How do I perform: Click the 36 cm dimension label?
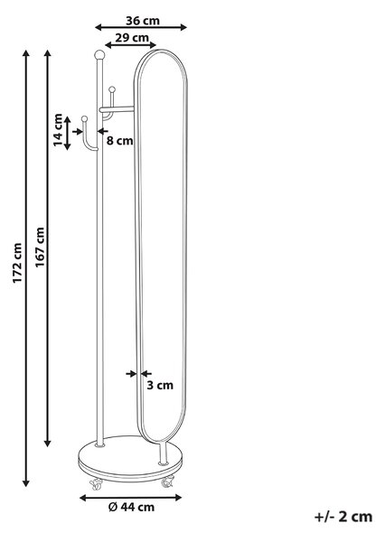143,21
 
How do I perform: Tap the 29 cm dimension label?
132,37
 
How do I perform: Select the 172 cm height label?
17,263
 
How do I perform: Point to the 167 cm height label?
40,247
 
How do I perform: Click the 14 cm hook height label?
58,130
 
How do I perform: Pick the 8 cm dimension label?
119,141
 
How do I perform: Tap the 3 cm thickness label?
160,385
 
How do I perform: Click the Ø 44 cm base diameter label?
131,507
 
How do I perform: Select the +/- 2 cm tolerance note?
343,517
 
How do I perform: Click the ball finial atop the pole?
99,54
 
